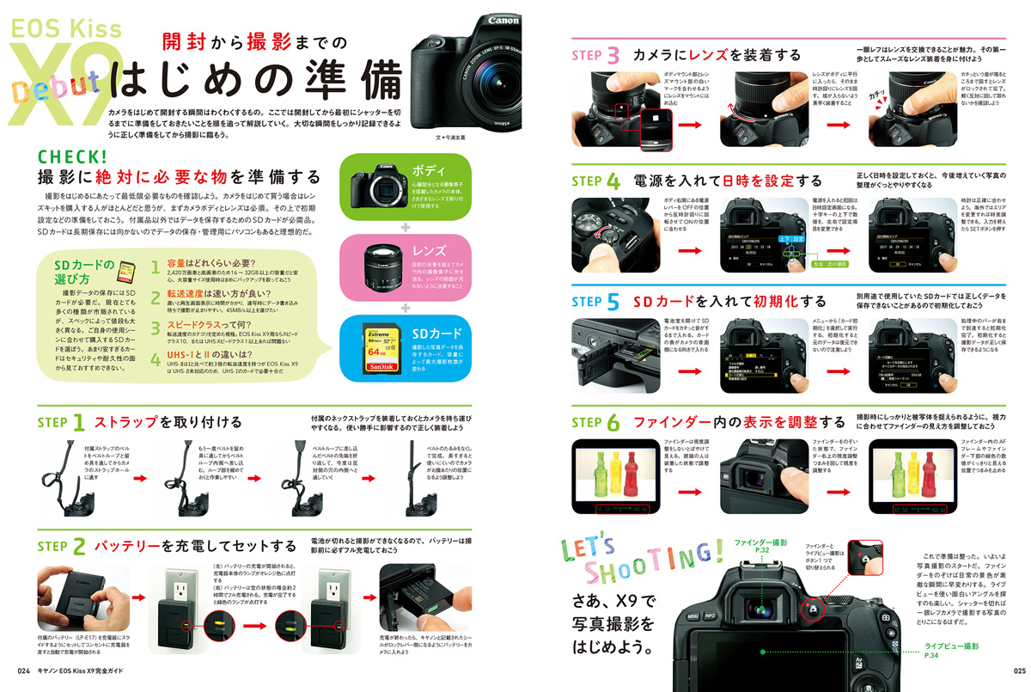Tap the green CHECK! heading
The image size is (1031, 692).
tap(72, 156)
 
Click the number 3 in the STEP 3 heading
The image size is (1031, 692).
tap(612, 56)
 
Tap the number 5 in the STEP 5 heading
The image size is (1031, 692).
tap(612, 302)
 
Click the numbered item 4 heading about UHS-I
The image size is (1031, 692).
tap(205, 354)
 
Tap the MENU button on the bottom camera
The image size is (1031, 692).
tap(693, 615)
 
